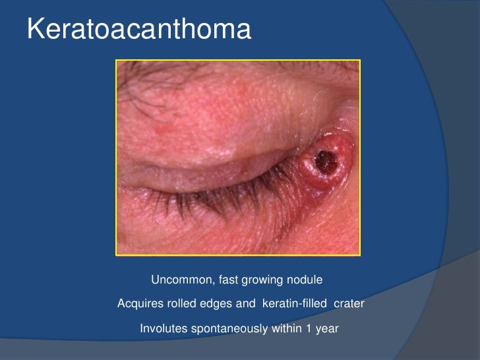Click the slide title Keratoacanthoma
coord(138,30)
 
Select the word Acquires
coord(138,304)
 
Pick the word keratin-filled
coord(296,304)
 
